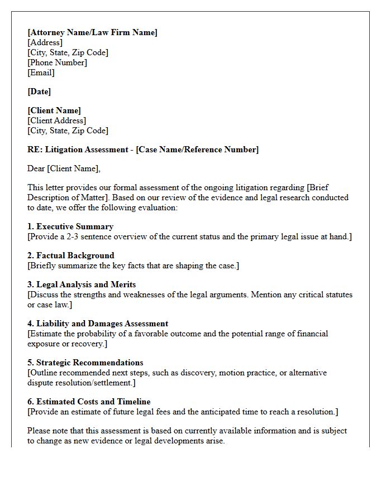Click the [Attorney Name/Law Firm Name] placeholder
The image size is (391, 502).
[92, 32]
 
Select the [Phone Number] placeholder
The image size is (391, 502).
[57, 62]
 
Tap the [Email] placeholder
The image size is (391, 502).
[41, 73]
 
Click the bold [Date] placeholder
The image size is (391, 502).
[39, 91]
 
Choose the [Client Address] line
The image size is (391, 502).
[56, 120]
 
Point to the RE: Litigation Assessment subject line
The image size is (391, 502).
[143, 149]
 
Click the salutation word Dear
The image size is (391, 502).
[36, 168]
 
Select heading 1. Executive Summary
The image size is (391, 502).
[70, 226]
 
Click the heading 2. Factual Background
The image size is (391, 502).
[70, 255]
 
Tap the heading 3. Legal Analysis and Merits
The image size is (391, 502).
[82, 284]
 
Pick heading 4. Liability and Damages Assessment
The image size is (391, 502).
[98, 324]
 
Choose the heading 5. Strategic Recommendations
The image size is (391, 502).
[85, 363]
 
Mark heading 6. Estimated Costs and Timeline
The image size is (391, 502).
[89, 402]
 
